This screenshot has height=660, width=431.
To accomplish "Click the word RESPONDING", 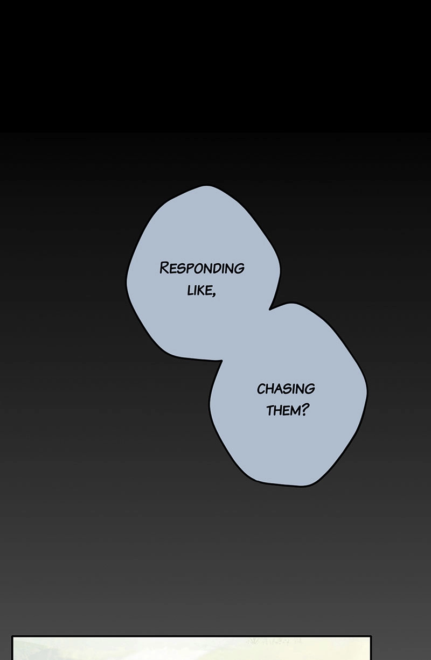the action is (x=202, y=268).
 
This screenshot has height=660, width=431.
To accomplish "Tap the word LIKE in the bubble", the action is (x=199, y=290).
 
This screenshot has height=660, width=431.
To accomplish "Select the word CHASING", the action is (x=286, y=389).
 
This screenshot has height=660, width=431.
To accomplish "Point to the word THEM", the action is (x=283, y=410).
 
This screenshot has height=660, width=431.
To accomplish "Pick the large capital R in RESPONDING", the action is (x=164, y=268).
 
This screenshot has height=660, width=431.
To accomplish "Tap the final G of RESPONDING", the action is (x=240, y=269).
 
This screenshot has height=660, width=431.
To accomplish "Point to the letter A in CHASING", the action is (x=277, y=389).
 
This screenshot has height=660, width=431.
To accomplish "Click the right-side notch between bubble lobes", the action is (x=269, y=309).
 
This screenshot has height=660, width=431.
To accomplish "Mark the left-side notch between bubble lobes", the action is (x=221, y=360).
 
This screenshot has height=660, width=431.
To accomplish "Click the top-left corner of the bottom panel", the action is (x=12, y=636).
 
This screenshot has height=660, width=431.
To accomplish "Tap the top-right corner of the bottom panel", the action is (x=371, y=636).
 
